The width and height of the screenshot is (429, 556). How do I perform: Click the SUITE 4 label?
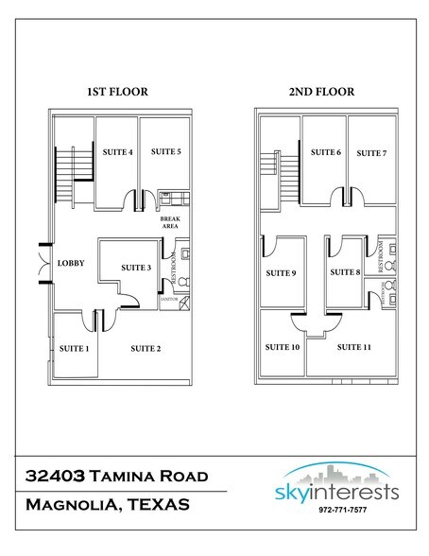(x=117, y=151)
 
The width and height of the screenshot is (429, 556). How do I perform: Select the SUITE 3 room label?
(x=136, y=268)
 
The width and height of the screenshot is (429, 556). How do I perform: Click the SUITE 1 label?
(x=74, y=349)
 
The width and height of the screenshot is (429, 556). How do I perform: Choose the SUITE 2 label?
(x=145, y=349)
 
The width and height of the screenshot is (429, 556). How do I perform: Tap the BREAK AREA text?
(x=170, y=222)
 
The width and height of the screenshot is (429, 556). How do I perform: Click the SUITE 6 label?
(x=325, y=152)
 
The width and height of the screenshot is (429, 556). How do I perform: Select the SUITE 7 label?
(x=371, y=152)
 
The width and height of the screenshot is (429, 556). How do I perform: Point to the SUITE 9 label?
(x=281, y=273)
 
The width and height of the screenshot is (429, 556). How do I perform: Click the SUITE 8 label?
(x=345, y=273)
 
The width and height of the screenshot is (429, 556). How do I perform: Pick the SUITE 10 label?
(x=283, y=347)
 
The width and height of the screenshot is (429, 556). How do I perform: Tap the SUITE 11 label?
(x=353, y=347)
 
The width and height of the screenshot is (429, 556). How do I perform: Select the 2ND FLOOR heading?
(x=323, y=92)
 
